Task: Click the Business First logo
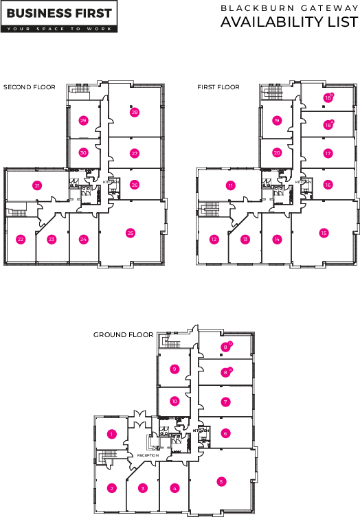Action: pyautogui.click(x=58, y=14)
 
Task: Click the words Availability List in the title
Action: pyautogui.click(x=289, y=22)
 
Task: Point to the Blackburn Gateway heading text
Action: pyautogui.click(x=289, y=7)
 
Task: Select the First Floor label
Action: pyautogui.click(x=218, y=87)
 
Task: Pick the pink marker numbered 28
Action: pyautogui.click(x=135, y=113)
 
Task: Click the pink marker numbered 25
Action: pyautogui.click(x=131, y=233)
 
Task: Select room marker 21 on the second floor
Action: pyautogui.click(x=37, y=185)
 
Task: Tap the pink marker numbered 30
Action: pyautogui.click(x=83, y=152)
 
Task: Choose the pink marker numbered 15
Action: pyautogui.click(x=324, y=233)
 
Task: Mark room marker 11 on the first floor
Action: pyautogui.click(x=231, y=185)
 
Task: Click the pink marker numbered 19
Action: pyautogui.click(x=277, y=120)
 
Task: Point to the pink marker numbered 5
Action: pyautogui.click(x=221, y=481)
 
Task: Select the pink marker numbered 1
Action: pyautogui.click(x=111, y=433)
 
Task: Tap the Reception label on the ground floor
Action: pyautogui.click(x=148, y=455)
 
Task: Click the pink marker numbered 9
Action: pyautogui.click(x=175, y=369)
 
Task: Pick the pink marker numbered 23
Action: pyautogui.click(x=52, y=239)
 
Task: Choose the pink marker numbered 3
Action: pyautogui.click(x=143, y=488)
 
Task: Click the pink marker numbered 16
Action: pyautogui.click(x=328, y=185)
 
